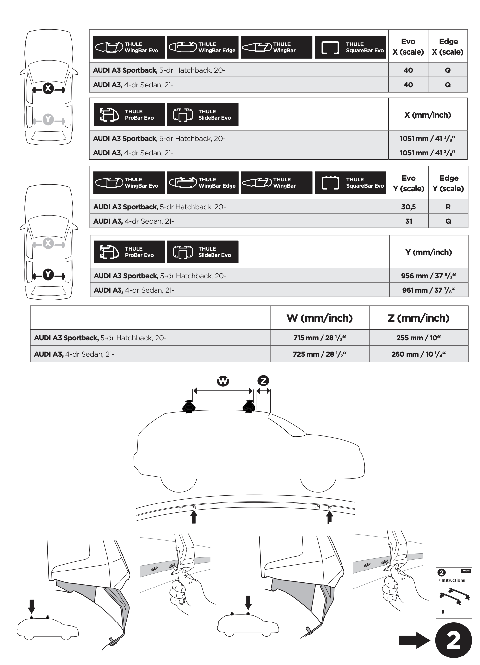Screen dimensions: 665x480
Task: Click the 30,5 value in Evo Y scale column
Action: point(408,207)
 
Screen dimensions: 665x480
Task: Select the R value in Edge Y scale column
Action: point(448,207)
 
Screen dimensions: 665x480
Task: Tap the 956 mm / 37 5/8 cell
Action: point(428,276)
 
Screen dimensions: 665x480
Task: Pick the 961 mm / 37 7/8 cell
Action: point(428,290)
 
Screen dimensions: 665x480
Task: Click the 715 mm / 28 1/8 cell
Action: point(320,338)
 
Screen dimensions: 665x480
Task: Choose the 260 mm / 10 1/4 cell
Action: point(418,354)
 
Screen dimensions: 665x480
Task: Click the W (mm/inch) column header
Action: point(320,318)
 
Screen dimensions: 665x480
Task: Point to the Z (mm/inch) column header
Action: point(418,318)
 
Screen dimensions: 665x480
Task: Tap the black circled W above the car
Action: point(223,381)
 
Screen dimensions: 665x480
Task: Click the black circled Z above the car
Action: point(263,381)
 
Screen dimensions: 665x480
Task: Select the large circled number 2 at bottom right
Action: point(453,641)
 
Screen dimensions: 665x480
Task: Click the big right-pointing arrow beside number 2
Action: point(414,640)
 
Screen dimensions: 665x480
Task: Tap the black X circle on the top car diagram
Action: point(48,88)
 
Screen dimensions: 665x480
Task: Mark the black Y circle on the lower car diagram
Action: point(48,274)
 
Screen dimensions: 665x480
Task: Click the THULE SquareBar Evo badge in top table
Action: point(350,47)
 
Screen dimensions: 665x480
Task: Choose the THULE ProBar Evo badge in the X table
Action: point(129,114)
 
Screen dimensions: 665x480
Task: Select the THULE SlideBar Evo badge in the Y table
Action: point(203,252)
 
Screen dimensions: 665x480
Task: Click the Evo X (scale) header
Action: point(408,46)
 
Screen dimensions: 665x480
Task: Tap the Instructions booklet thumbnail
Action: point(454,593)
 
